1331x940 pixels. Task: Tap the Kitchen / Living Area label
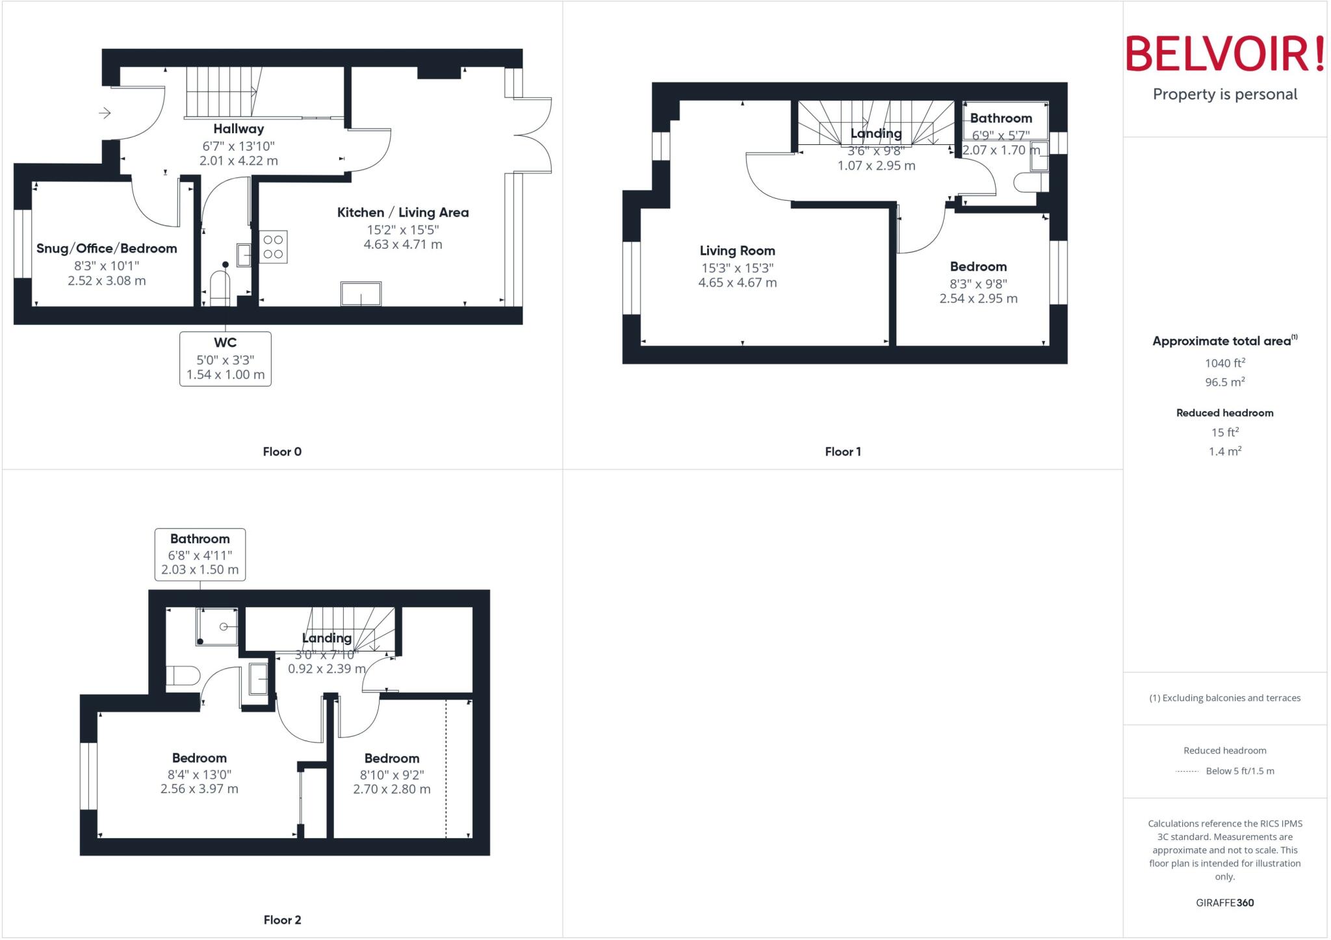coord(402,212)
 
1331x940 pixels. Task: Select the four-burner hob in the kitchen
coord(273,247)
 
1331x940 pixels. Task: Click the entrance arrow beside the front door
coord(105,113)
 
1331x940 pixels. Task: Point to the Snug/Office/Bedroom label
coord(107,248)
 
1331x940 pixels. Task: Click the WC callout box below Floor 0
coord(226,359)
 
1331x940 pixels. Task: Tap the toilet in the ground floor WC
coord(220,288)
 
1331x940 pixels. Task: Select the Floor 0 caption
coord(282,451)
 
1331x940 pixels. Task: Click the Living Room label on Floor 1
coord(737,251)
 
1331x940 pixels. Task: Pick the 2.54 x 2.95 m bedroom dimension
coord(978,299)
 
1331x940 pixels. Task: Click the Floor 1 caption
coord(843,451)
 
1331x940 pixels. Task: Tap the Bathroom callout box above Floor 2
coord(200,554)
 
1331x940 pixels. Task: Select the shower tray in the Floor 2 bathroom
coord(217,626)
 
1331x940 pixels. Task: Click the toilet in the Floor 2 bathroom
coord(183,676)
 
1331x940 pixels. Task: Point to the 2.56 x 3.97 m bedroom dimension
coord(200,789)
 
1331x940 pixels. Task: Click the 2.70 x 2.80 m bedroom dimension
coord(392,789)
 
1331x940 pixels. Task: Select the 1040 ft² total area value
coord(1224,363)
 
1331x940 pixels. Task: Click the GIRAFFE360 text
coord(1224,902)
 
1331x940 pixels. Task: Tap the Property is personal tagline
coord(1224,94)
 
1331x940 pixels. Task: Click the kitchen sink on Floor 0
coord(361,294)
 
